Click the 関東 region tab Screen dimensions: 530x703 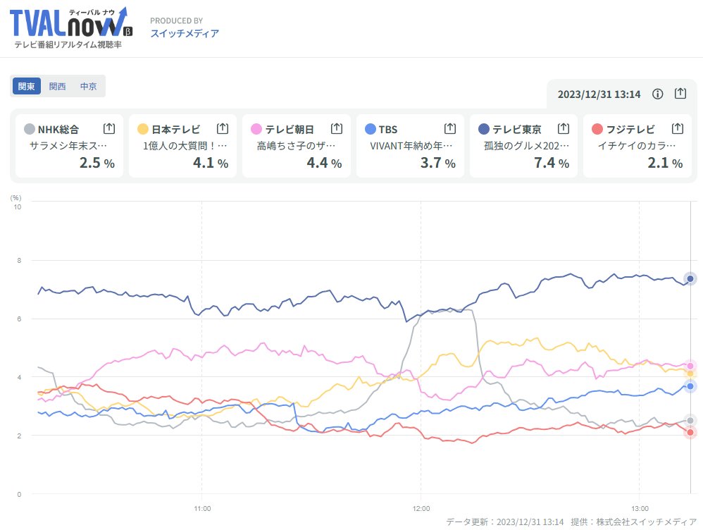(x=27, y=86)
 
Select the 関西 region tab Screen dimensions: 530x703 (x=58, y=86)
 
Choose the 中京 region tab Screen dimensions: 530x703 (x=89, y=86)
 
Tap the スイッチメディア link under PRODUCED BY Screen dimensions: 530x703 (x=185, y=33)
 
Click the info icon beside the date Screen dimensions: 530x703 (x=658, y=94)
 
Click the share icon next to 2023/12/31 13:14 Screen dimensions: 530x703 (x=680, y=94)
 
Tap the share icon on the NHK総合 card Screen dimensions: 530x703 (x=108, y=128)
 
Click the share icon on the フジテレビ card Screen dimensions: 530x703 (x=677, y=128)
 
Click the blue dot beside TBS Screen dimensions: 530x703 (x=371, y=129)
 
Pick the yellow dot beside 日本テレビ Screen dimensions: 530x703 (x=142, y=129)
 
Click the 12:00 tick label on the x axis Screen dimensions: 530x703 (x=421, y=507)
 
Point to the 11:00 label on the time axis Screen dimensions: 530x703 (x=202, y=507)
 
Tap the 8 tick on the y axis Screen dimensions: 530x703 (x=18, y=261)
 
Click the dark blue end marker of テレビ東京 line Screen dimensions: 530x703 (x=690, y=278)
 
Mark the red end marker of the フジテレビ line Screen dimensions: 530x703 (x=690, y=433)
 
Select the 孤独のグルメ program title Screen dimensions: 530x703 (x=525, y=146)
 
